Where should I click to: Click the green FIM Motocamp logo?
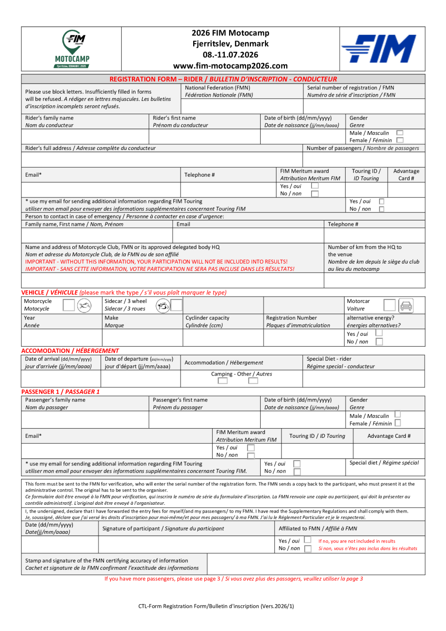71,49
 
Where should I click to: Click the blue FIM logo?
378,49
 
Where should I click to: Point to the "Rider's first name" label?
174,118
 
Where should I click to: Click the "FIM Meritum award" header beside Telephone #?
304,171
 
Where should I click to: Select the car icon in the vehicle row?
406,306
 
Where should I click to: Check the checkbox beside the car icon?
389,305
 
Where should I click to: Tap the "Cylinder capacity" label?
207,318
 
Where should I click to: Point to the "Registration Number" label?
291,318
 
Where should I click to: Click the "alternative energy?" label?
370,318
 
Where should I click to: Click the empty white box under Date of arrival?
61,379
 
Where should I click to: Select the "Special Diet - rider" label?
329,359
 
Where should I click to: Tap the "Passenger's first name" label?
180,400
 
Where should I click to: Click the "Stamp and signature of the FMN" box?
114,564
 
